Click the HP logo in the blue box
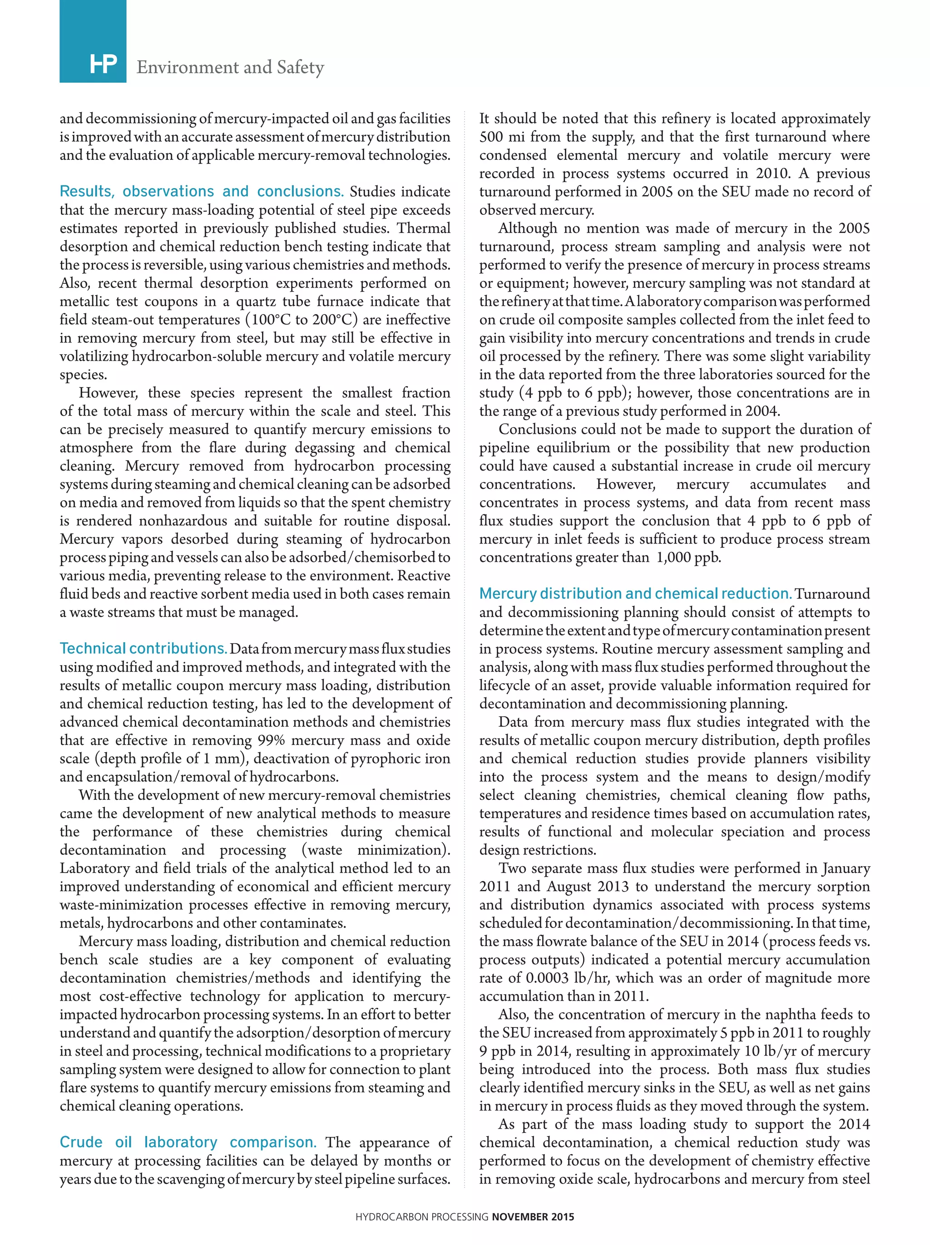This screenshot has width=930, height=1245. (x=104, y=65)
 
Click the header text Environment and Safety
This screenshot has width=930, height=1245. (x=230, y=68)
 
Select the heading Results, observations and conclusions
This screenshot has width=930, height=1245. (x=202, y=191)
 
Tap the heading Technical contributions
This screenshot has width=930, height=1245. (x=143, y=649)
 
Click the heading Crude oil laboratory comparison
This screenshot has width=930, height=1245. (x=188, y=1142)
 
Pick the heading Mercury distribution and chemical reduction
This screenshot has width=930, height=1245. (x=635, y=594)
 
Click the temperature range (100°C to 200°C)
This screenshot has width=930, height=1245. (x=301, y=320)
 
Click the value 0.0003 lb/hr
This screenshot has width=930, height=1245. (x=561, y=978)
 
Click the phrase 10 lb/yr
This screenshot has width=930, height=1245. (x=748, y=1052)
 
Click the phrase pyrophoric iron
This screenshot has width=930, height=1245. (x=400, y=759)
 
